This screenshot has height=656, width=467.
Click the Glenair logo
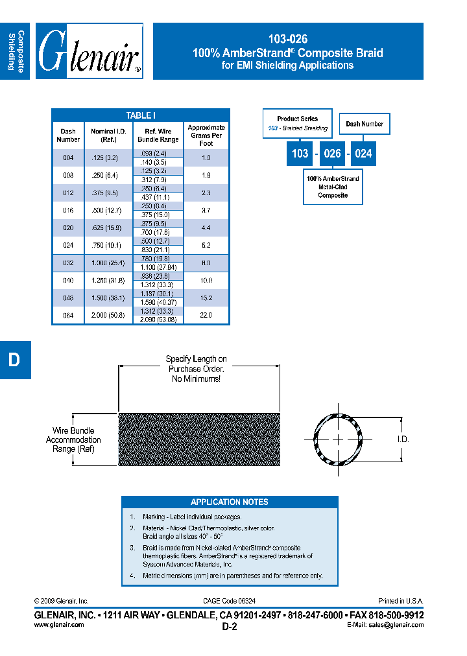pyautogui.click(x=89, y=52)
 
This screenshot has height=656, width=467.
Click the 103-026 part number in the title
pyautogui.click(x=288, y=39)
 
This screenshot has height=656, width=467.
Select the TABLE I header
pyautogui.click(x=141, y=115)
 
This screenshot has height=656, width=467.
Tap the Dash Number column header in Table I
pyautogui.click(x=68, y=135)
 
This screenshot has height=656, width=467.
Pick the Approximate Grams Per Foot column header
pyautogui.click(x=206, y=135)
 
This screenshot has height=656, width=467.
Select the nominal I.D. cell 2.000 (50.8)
pyautogui.click(x=108, y=316)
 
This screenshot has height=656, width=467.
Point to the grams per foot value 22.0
pyautogui.click(x=206, y=316)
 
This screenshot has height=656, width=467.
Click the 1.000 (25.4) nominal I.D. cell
pyautogui.click(x=108, y=263)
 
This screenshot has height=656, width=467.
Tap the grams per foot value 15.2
pyautogui.click(x=206, y=298)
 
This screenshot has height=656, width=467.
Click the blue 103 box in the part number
pyautogui.click(x=300, y=154)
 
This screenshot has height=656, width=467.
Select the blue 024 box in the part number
pyautogui.click(x=363, y=154)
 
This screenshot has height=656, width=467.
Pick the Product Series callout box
pyautogui.click(x=298, y=123)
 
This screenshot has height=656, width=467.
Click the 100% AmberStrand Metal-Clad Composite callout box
pyautogui.click(x=333, y=187)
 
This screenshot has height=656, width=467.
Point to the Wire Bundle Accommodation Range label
pyautogui.click(x=73, y=439)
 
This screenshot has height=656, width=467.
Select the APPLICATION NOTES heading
pyautogui.click(x=230, y=502)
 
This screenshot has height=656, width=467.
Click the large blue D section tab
pyautogui.click(x=14, y=360)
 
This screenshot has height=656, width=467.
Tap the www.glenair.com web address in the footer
pyautogui.click(x=59, y=625)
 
